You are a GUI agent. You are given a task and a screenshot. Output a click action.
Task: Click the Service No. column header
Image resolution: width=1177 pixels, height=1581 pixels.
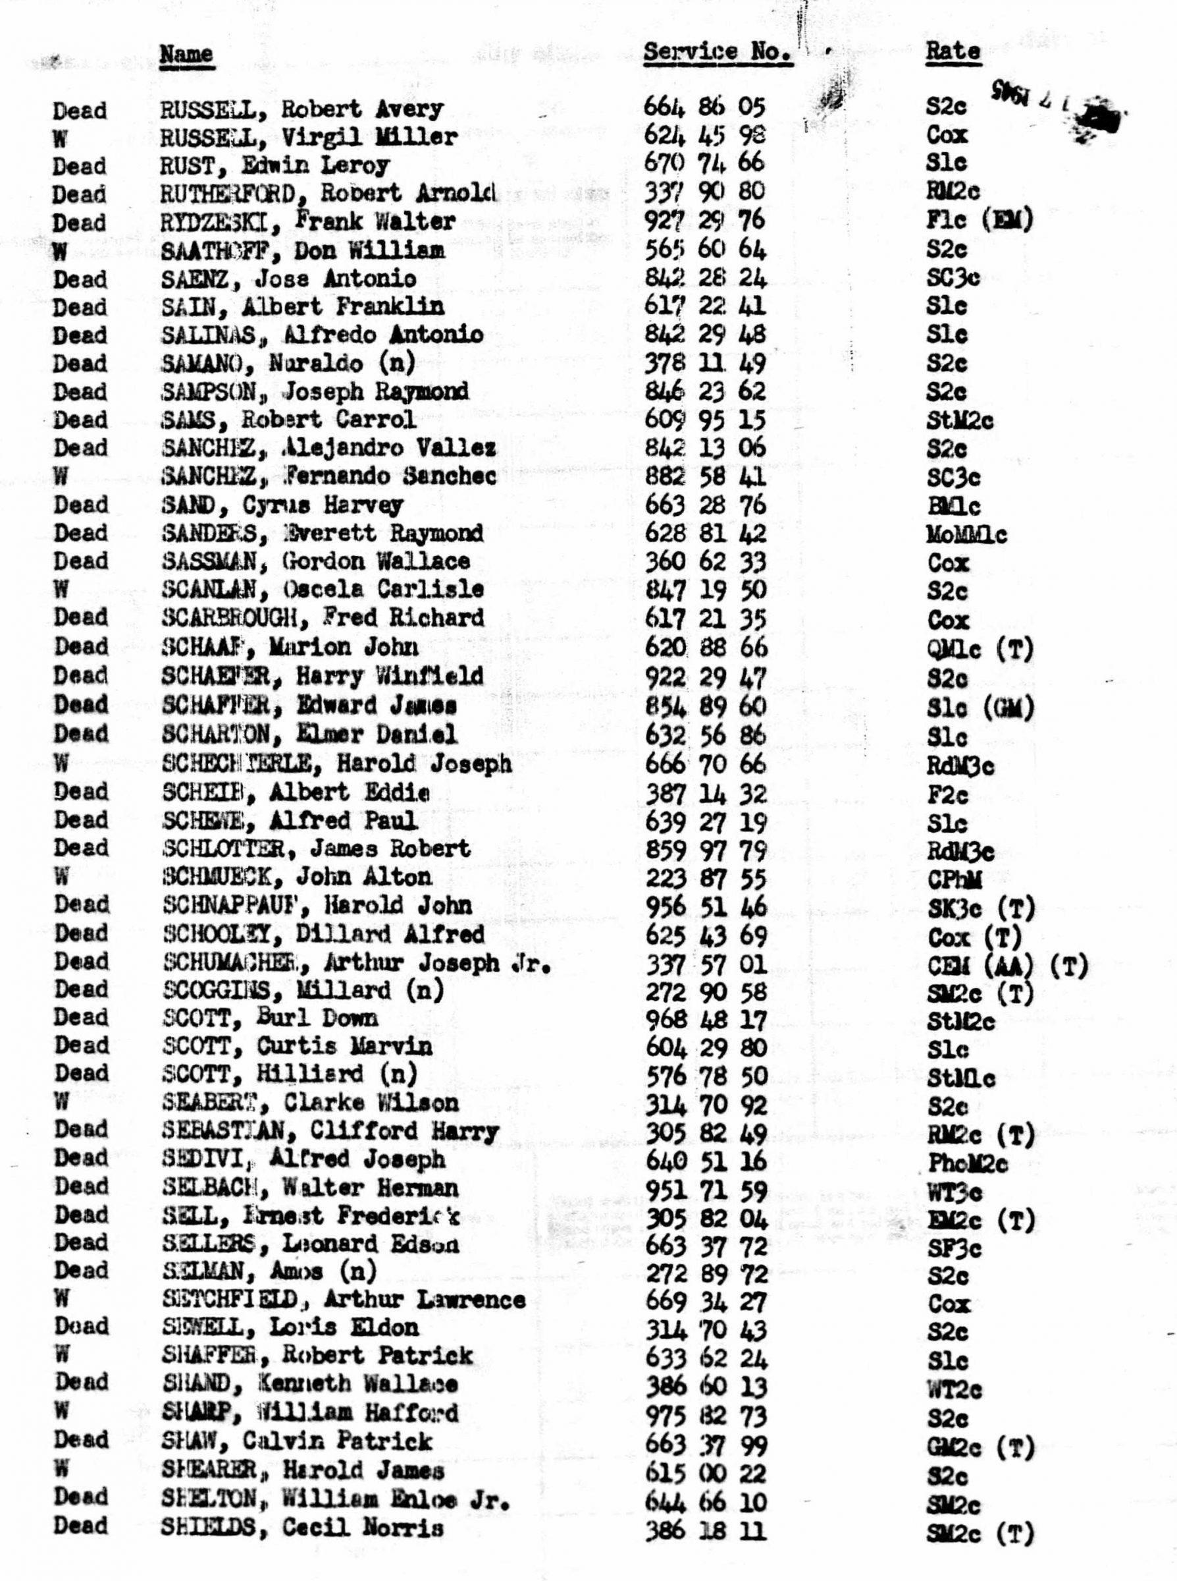pos(717,52)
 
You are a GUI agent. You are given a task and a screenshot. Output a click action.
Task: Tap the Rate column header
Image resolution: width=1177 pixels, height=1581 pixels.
pos(953,51)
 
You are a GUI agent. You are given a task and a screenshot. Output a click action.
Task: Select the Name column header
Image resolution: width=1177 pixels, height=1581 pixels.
pos(186,54)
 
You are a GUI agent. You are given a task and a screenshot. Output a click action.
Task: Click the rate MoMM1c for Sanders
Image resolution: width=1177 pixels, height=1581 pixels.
pos(967,535)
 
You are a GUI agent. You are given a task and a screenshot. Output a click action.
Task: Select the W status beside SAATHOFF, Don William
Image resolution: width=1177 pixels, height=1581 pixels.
pos(61,250)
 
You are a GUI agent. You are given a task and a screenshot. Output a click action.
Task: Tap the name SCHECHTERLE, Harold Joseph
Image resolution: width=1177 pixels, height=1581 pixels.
pos(336,763)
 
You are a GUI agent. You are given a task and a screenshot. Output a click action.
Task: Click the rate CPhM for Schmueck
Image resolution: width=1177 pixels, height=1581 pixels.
pos(955,879)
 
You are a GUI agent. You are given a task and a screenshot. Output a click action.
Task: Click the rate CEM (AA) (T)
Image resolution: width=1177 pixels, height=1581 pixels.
pos(1007,966)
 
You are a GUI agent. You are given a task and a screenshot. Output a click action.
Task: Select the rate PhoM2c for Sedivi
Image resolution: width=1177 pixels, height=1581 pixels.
pos(968,1164)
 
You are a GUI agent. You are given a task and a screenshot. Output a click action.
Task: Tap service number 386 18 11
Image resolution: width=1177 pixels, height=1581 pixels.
pos(706,1531)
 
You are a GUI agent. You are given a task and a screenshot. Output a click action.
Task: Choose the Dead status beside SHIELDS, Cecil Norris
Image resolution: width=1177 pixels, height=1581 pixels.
pos(80,1526)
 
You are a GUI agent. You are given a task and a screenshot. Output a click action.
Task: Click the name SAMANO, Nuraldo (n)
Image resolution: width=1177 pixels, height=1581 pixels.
pos(288,364)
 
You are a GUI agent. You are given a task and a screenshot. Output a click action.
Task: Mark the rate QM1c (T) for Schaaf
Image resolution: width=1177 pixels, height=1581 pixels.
pos(980,648)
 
